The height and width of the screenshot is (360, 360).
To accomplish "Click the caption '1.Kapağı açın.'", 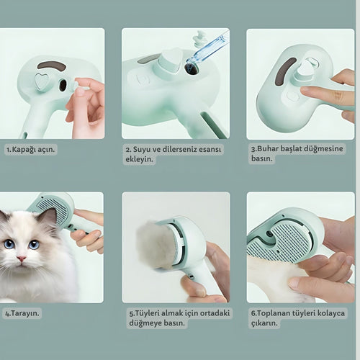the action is [31, 150].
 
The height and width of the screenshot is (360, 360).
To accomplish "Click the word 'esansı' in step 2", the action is [207, 149].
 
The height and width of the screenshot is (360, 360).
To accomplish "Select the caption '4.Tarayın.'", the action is [22, 313].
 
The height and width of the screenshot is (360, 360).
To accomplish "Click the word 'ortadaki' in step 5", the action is [215, 313].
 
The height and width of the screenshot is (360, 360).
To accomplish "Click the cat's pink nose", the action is [21, 258].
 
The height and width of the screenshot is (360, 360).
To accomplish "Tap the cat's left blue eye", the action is [9, 244].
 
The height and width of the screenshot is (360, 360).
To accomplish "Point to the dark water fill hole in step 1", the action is [63, 85].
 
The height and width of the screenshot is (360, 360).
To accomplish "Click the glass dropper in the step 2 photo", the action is [206, 52].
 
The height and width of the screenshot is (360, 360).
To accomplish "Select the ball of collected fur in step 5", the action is [153, 245].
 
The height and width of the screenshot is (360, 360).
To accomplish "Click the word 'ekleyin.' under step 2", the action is [139, 159].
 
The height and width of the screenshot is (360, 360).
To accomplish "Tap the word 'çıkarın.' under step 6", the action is [264, 323].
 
